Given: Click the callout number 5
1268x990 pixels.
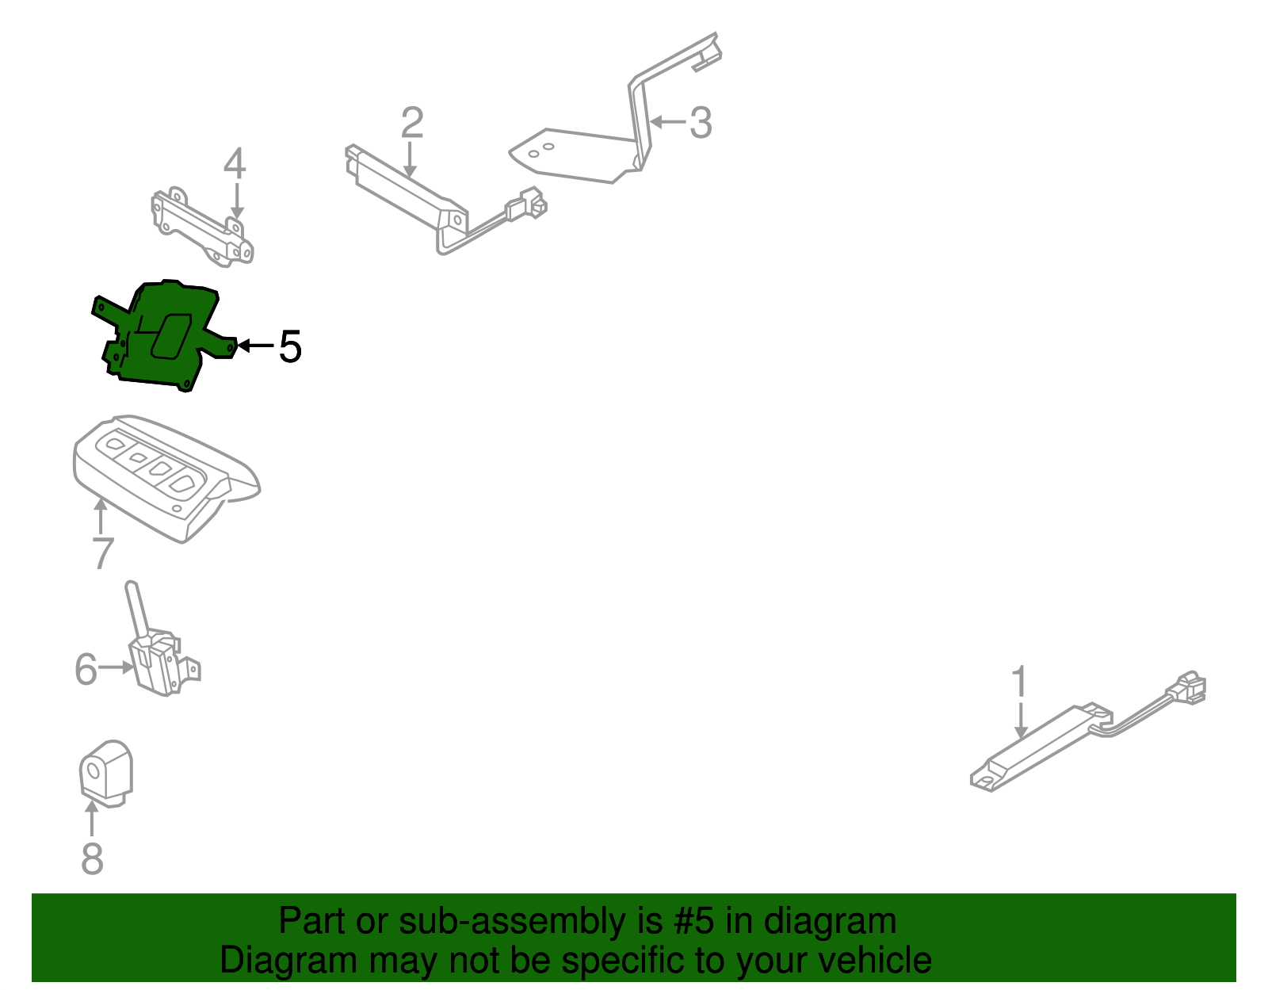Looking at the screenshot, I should [x=290, y=347].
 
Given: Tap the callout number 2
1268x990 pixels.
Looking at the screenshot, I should [x=412, y=123].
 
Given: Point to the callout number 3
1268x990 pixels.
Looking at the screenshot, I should [x=700, y=123].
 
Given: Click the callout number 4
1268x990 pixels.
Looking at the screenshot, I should [x=235, y=164].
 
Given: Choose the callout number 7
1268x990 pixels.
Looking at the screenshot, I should [x=102, y=553].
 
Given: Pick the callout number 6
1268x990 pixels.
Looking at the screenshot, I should [x=86, y=669].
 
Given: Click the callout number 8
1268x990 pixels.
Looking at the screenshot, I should [x=93, y=858].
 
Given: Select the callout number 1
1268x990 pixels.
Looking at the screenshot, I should [x=1020, y=683].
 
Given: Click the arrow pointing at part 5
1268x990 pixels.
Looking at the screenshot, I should [x=255, y=346].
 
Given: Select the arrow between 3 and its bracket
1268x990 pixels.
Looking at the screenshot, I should [x=667, y=122].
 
